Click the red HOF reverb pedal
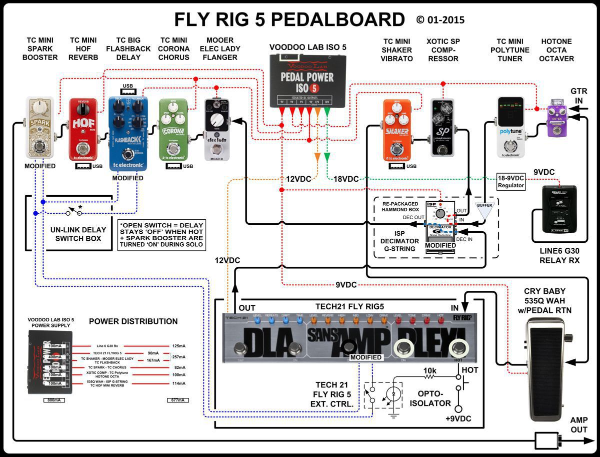click(x=82, y=130)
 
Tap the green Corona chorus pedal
click(x=173, y=130)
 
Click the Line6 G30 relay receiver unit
click(x=559, y=209)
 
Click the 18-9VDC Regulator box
click(x=510, y=182)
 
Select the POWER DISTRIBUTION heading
click(x=133, y=321)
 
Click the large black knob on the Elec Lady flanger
click(x=218, y=120)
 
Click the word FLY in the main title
click(x=193, y=20)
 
